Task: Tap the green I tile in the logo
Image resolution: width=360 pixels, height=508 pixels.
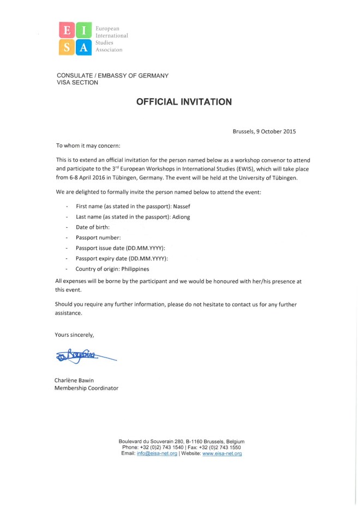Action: (x=84, y=30)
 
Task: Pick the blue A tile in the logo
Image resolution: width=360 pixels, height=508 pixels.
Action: (x=84, y=47)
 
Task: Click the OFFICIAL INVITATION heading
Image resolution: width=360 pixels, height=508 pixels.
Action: (x=184, y=102)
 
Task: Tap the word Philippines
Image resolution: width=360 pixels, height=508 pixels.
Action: (x=135, y=269)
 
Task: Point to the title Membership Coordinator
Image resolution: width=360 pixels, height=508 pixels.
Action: (x=86, y=388)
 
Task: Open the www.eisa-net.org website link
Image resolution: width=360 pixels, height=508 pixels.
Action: (x=222, y=453)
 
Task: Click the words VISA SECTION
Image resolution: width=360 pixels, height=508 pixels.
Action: (x=77, y=83)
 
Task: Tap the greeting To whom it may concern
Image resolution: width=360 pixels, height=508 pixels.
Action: (x=88, y=146)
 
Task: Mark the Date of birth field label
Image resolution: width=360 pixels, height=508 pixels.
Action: (x=93, y=227)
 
